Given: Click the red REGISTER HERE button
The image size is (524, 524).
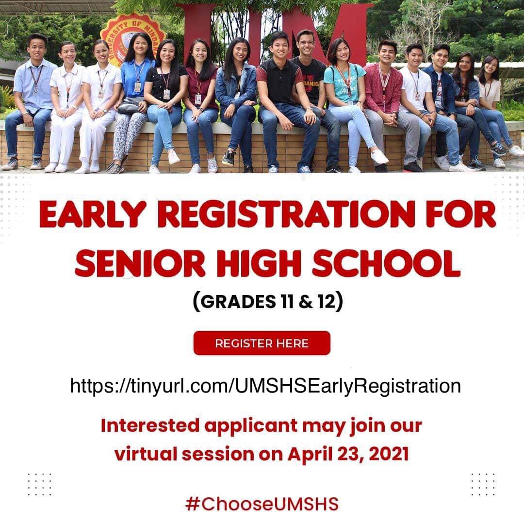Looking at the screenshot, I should tap(262, 344).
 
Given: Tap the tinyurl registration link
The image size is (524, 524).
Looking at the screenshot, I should tap(265, 386).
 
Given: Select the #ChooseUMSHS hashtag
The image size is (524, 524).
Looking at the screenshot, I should tap(262, 504).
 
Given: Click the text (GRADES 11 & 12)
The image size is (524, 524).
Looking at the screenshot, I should tap(268, 301).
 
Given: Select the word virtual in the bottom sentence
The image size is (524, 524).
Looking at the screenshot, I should tap(145, 454).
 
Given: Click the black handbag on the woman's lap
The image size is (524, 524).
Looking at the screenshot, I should tap(129, 106).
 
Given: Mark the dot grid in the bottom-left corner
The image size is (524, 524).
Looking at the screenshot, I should tap(39, 484).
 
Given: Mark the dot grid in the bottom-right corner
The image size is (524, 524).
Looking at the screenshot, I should tap(483, 484).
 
